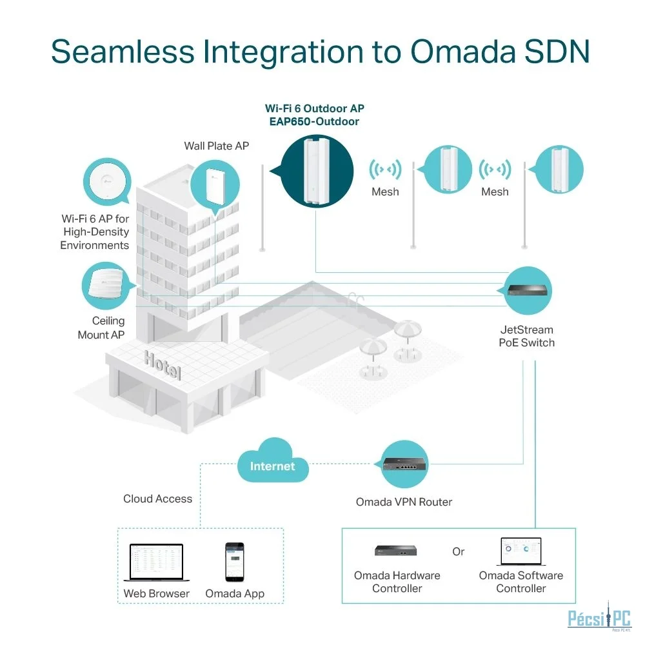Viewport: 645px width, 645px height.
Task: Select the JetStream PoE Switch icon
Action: click(x=528, y=290)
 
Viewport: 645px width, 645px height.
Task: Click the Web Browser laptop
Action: click(x=156, y=562)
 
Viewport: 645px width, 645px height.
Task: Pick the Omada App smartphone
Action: click(x=235, y=562)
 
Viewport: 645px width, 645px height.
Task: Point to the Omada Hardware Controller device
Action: click(x=396, y=550)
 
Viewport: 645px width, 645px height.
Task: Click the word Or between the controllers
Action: click(x=458, y=551)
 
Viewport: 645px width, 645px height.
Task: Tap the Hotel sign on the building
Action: click(x=163, y=365)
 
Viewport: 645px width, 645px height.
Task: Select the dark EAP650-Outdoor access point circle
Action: click(x=317, y=171)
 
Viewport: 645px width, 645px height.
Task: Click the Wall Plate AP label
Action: click(x=216, y=146)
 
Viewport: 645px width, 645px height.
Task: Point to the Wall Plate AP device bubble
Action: click(x=215, y=186)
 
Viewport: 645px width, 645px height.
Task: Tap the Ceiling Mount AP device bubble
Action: click(x=107, y=286)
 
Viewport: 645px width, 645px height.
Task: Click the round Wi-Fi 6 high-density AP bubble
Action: click(x=107, y=182)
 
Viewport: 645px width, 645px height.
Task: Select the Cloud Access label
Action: click(x=157, y=499)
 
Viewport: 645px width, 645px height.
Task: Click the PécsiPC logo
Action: click(x=599, y=617)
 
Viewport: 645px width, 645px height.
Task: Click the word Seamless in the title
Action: click(x=123, y=52)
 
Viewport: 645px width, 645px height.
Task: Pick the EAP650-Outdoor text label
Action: click(x=314, y=122)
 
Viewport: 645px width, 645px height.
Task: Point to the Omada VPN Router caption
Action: click(x=404, y=502)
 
